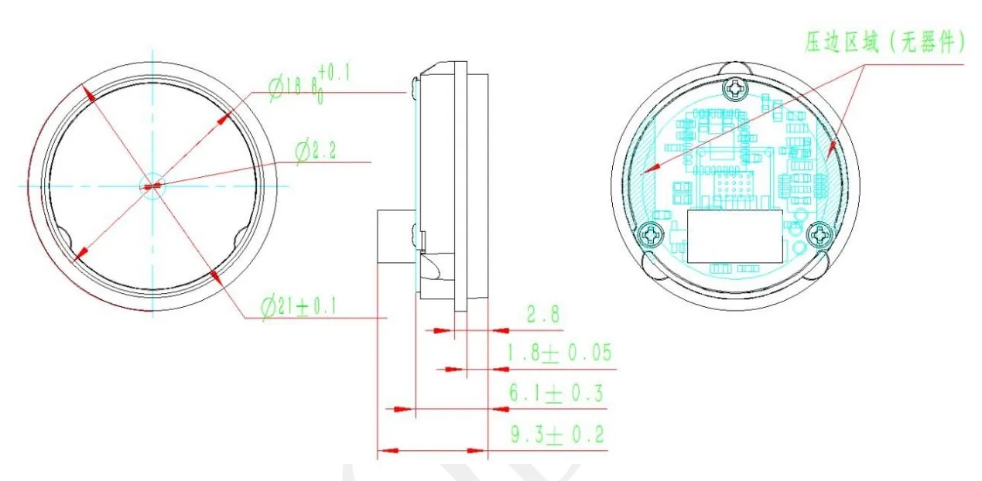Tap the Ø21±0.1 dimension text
click(x=298, y=306)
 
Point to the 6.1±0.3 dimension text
click(x=556, y=394)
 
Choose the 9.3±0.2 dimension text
click(x=556, y=435)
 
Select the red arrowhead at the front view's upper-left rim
click(x=89, y=94)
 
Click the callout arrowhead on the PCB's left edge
click(x=652, y=166)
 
